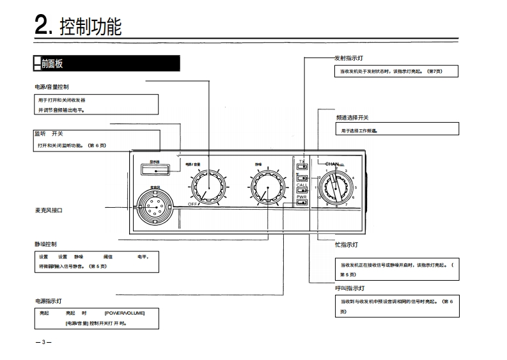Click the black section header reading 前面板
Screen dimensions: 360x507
(x=52, y=64)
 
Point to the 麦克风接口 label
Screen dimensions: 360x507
(x=49, y=210)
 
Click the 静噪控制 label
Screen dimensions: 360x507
(x=46, y=244)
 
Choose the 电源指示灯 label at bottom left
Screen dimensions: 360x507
(x=49, y=301)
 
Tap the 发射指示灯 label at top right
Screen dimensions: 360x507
(x=348, y=58)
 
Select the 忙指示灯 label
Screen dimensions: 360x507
(x=346, y=245)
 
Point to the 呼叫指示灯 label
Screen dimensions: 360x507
(x=350, y=288)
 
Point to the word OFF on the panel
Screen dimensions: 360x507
(x=192, y=203)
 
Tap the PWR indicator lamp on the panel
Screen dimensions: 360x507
(x=302, y=203)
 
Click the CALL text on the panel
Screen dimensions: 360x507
(x=302, y=185)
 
